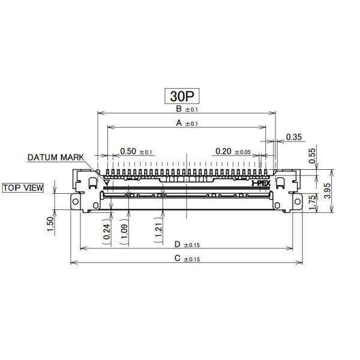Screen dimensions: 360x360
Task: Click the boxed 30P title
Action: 182,95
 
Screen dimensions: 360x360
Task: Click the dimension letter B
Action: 179,109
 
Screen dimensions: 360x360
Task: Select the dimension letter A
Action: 178,123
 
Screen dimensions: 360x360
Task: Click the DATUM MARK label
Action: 56,158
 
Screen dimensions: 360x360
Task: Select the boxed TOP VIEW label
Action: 23,188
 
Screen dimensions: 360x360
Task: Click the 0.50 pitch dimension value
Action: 128,151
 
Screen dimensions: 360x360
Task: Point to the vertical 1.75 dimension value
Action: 312,202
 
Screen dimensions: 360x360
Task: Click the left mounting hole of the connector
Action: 76,203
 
